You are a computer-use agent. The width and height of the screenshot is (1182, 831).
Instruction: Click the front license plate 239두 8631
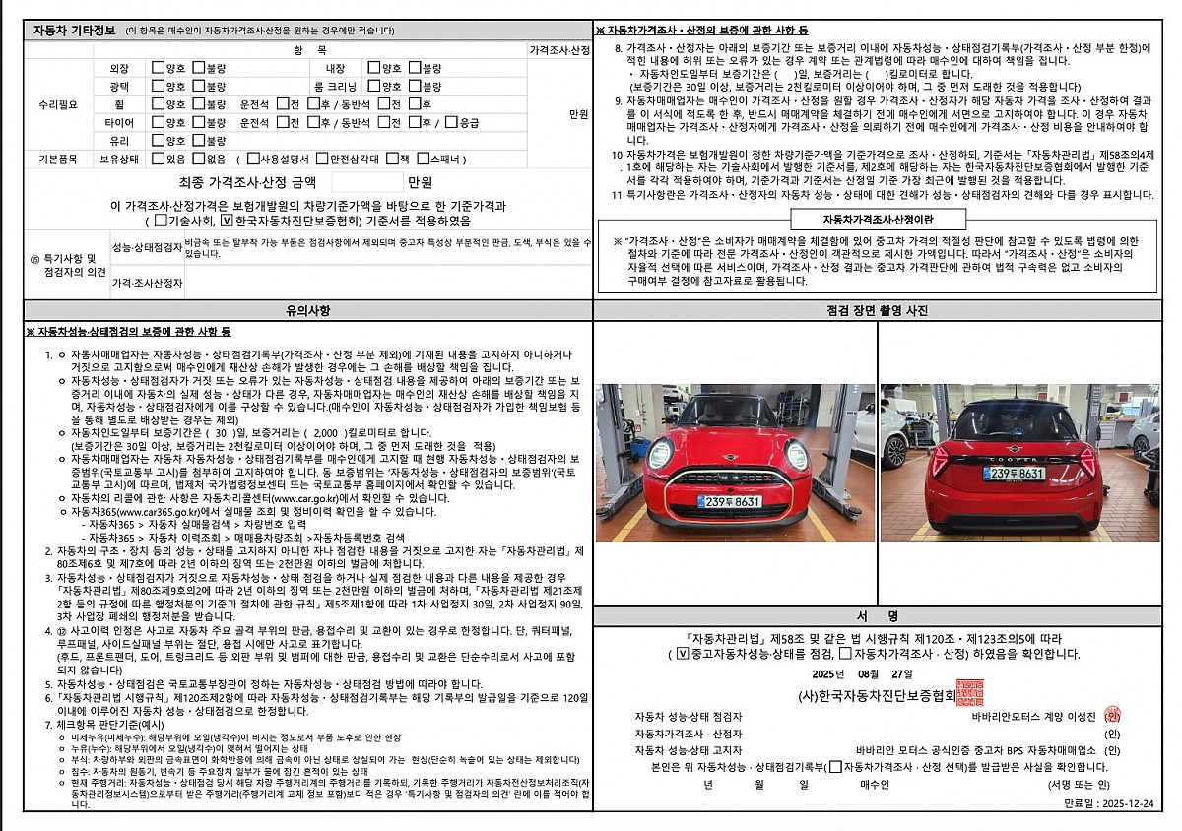point(729,502)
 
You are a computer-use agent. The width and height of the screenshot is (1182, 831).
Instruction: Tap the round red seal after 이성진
point(1113,716)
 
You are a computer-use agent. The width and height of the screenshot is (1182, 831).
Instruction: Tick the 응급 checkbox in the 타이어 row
point(451,122)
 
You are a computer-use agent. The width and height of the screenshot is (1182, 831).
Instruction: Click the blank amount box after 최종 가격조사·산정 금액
point(367,182)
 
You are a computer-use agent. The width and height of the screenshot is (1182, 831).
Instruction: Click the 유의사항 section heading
point(307,310)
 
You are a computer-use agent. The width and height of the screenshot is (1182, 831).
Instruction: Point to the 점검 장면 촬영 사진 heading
point(878,310)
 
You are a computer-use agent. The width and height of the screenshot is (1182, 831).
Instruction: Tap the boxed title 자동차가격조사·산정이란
point(879,219)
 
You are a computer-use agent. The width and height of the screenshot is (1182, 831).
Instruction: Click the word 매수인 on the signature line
point(875,785)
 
